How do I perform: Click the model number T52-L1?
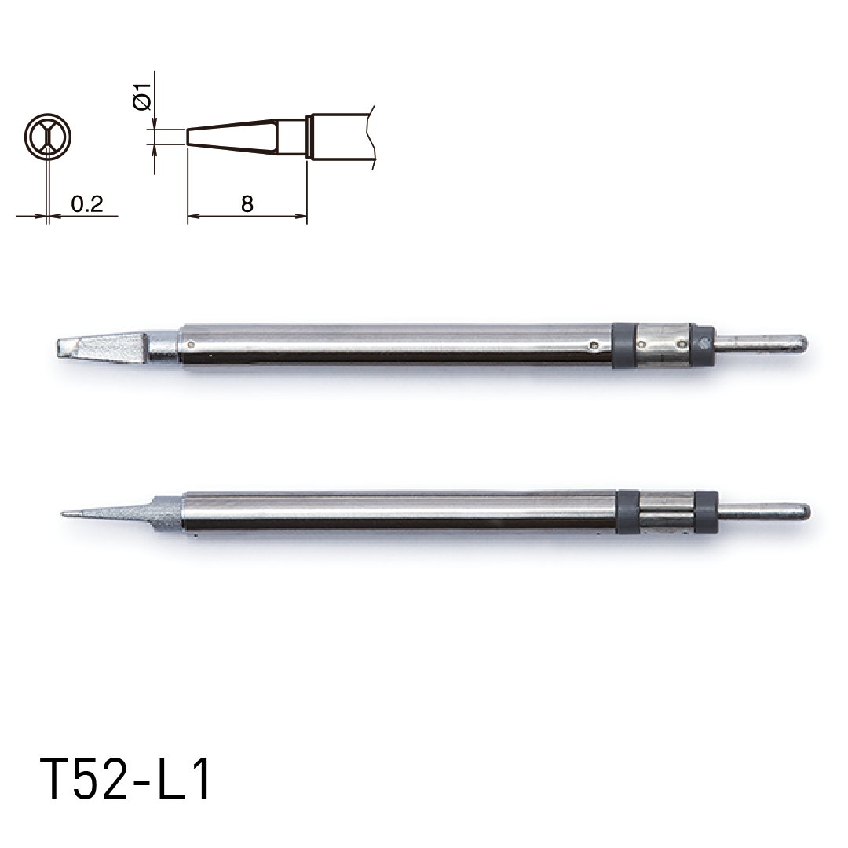click(126, 779)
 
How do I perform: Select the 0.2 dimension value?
click(86, 204)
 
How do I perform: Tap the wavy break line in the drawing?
click(372, 137)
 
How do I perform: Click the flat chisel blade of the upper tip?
click(110, 345)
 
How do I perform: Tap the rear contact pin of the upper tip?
click(760, 343)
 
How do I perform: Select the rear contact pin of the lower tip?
click(763, 512)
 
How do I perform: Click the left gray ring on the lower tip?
click(627, 512)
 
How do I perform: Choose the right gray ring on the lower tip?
click(706, 512)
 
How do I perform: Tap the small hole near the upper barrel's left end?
click(191, 343)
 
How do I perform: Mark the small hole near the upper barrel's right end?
click(598, 343)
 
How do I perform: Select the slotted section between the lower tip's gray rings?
click(666, 512)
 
